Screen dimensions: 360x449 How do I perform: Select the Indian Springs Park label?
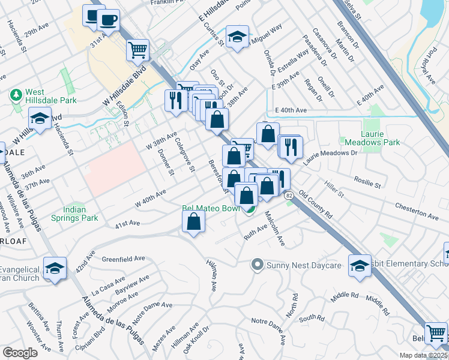[x=74, y=214]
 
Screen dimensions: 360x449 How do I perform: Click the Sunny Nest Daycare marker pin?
[x=258, y=265]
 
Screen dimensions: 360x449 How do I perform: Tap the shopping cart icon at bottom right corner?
[x=436, y=333]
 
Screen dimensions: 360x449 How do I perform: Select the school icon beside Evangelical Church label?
[x=55, y=269]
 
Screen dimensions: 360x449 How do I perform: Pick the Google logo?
[x=20, y=353]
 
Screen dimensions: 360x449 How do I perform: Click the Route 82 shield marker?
[x=289, y=196]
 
